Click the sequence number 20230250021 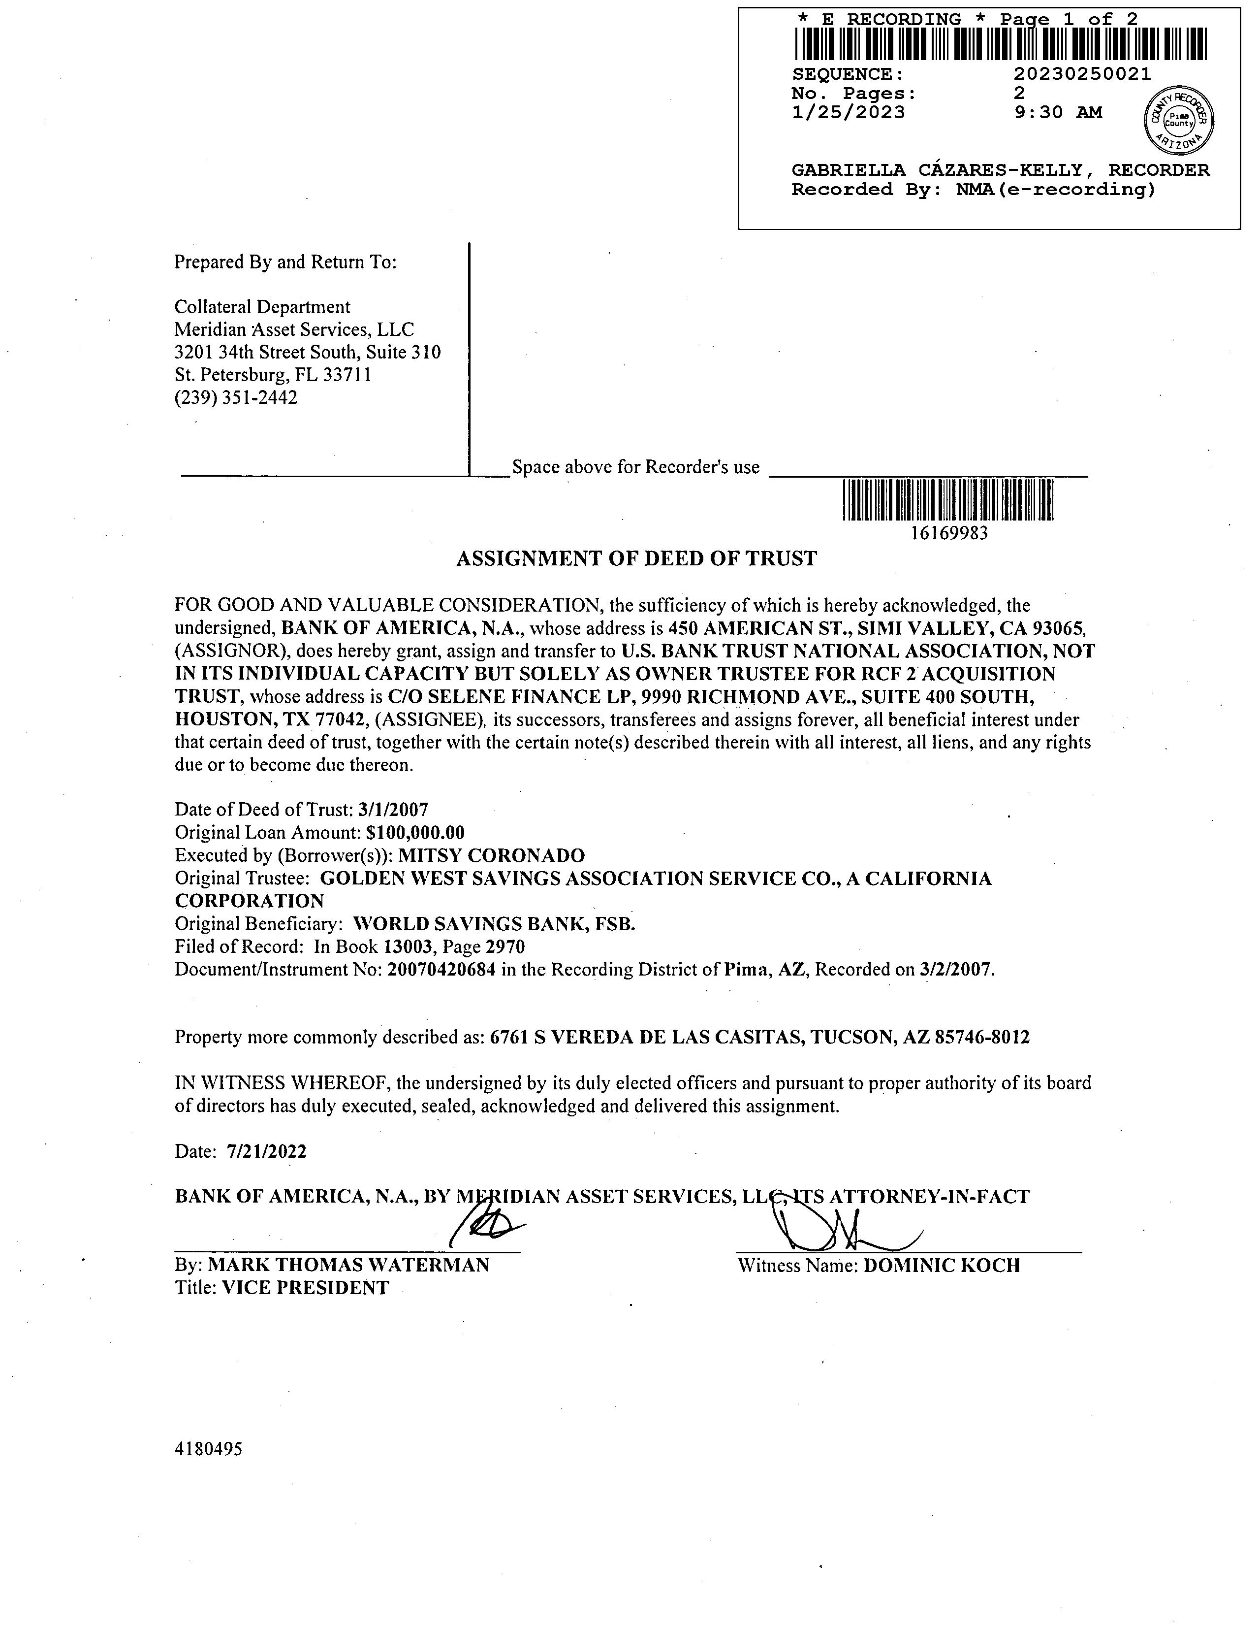click(1082, 74)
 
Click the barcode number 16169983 click(949, 533)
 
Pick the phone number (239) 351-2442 click(236, 397)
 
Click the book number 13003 click(408, 947)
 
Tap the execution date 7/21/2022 click(266, 1151)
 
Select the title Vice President click(305, 1287)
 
